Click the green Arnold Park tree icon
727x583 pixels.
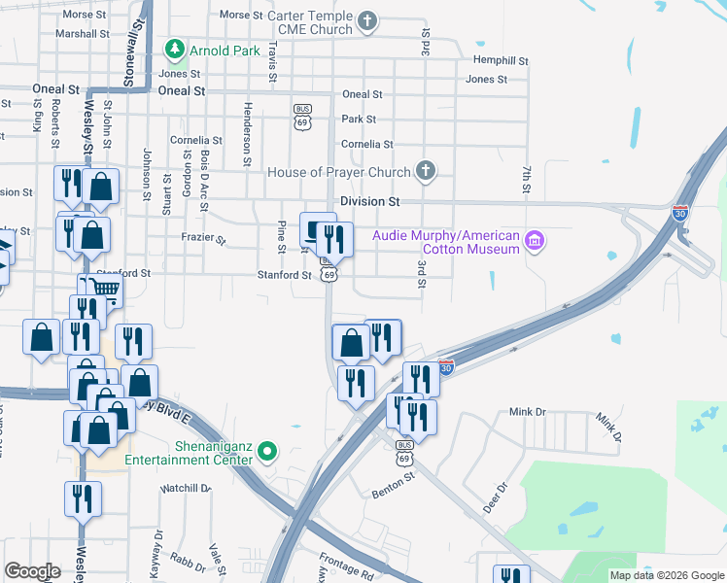tap(174, 48)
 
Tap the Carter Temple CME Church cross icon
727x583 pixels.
tap(367, 20)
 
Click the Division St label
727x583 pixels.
tap(369, 202)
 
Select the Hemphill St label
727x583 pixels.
tap(500, 60)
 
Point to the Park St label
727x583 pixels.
tap(359, 120)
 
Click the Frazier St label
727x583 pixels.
tap(203, 239)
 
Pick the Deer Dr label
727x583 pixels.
tap(495, 498)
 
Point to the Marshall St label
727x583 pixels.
tap(83, 33)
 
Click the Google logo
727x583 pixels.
tap(33, 571)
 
